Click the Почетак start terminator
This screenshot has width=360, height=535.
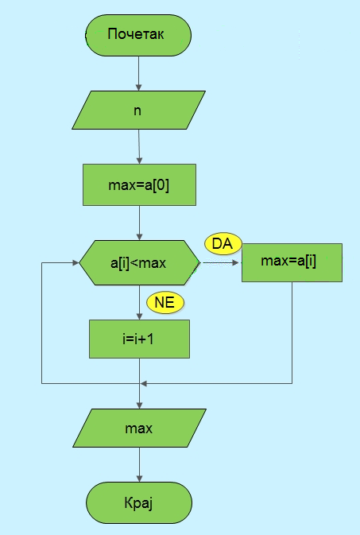[x=138, y=35]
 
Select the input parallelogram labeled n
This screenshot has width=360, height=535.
[x=138, y=110]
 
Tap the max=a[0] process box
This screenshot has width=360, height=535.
[x=139, y=184]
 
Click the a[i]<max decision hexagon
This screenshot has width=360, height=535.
[x=139, y=262]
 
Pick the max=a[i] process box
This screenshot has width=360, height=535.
[x=292, y=262]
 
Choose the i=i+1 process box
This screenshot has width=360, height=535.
[x=139, y=339]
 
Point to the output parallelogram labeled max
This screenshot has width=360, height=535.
[x=139, y=428]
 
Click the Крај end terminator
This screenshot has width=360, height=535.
[x=139, y=502]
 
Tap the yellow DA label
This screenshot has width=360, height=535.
[x=223, y=244]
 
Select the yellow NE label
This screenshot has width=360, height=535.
[x=165, y=303]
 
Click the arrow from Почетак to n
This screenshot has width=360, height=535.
[x=138, y=73]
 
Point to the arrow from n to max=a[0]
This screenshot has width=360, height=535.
[x=139, y=147]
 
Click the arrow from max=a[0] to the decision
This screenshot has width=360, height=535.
[x=139, y=223]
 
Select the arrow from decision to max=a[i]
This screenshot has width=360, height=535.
[x=221, y=262]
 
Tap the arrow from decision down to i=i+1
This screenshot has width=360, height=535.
[x=139, y=302]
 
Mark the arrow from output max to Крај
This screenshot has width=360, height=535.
[x=139, y=464]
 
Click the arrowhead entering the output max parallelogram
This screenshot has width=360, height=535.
[x=139, y=405]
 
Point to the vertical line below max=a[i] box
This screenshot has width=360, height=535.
[x=292, y=332]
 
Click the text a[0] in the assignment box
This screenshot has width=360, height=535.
[x=158, y=185]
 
